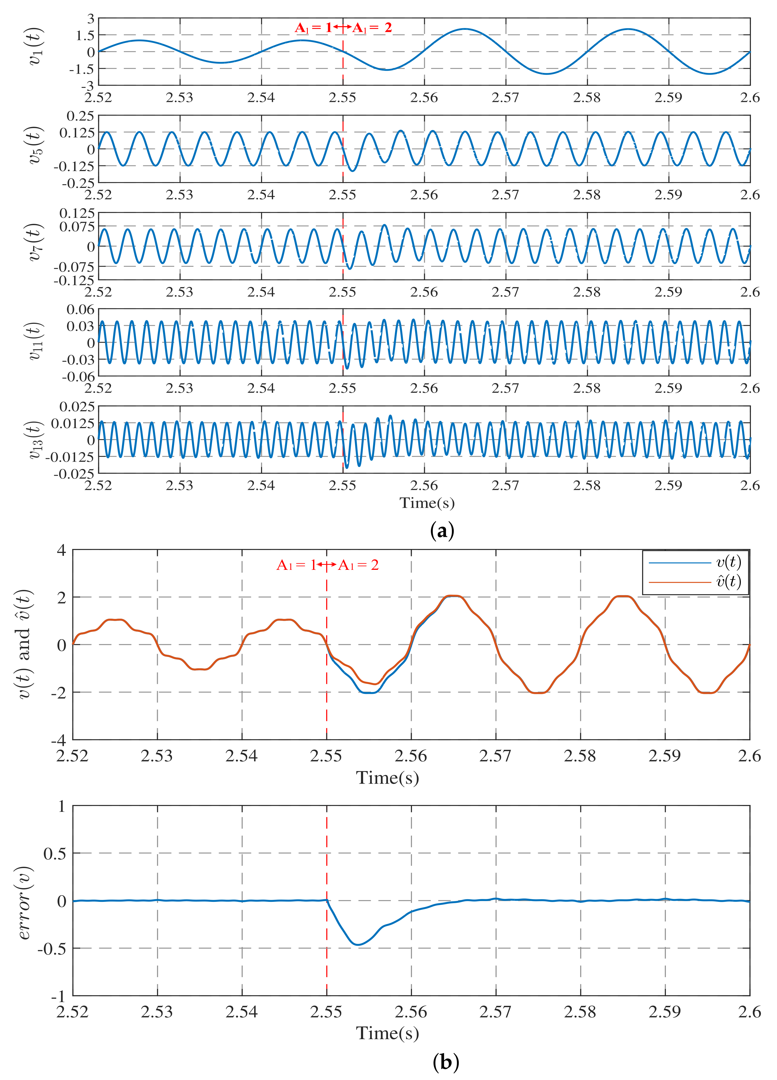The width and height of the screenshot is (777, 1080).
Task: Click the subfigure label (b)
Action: pyautogui.click(x=446, y=1062)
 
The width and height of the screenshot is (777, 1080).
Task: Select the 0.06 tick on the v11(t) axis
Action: pyautogui.click(x=80, y=310)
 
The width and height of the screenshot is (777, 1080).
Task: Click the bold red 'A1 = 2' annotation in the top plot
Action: pyautogui.click(x=372, y=28)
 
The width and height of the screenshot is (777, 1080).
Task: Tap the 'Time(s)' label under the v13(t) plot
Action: pyautogui.click(x=427, y=503)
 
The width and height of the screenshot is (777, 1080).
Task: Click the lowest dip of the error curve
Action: pyautogui.click(x=358, y=944)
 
